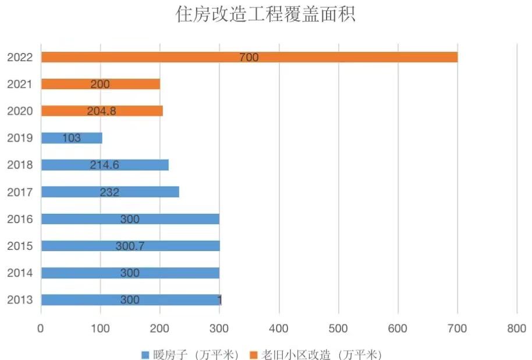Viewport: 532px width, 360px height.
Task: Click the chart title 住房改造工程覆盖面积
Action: pyautogui.click(x=265, y=15)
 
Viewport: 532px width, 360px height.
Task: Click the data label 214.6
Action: pyautogui.click(x=105, y=165)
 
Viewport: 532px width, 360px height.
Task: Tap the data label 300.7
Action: pyautogui.click(x=130, y=246)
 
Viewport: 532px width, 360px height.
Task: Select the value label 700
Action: pyautogui.click(x=249, y=57)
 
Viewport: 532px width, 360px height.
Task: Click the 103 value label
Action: pyautogui.click(x=71, y=138)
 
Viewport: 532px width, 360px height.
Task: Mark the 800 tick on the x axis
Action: pyautogui.click(x=517, y=329)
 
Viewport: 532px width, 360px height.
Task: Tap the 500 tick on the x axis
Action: pyautogui.click(x=338, y=329)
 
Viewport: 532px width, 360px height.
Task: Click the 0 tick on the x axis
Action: pyautogui.click(x=41, y=329)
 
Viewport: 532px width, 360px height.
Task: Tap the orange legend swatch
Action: pyautogui.click(x=253, y=354)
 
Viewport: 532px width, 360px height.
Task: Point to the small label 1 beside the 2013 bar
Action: pyautogui.click(x=219, y=300)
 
